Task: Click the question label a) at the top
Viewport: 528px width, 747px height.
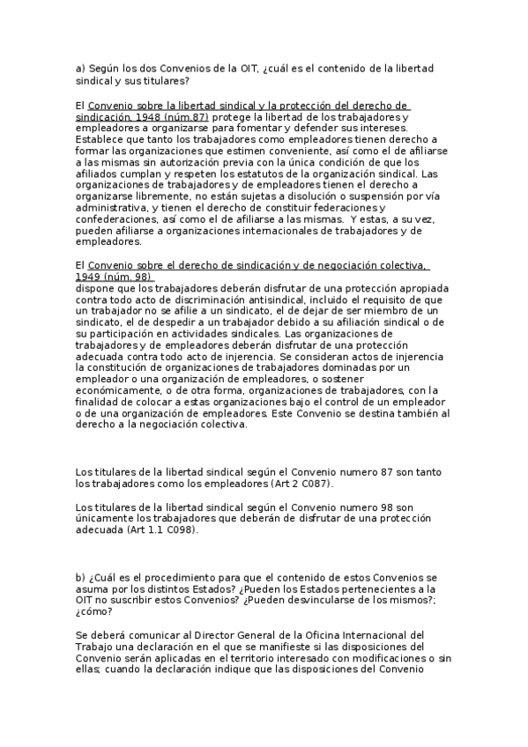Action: point(81,69)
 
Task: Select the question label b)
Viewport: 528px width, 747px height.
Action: point(81,577)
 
